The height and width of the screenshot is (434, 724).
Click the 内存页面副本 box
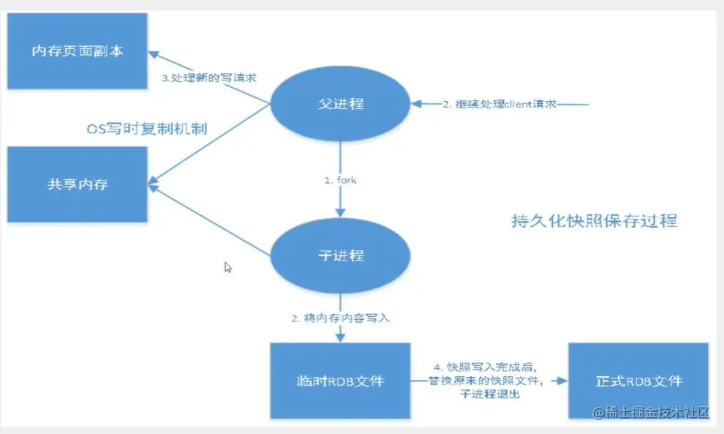[77, 52]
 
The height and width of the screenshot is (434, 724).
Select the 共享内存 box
[77, 184]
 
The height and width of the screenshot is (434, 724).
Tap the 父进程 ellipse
[341, 104]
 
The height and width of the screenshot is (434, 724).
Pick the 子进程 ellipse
[341, 256]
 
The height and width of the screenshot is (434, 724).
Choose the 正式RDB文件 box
[638, 381]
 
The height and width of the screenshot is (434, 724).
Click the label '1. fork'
[341, 179]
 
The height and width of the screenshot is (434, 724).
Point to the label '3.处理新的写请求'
[209, 78]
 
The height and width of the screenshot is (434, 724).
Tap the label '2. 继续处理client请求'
[499, 104]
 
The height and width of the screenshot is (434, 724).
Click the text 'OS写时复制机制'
[146, 130]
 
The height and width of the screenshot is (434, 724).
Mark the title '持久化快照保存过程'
[593, 221]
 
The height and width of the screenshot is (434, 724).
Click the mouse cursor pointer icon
[228, 268]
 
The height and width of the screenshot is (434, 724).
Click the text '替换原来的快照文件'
[486, 381]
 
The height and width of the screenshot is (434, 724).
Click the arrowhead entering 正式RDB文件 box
[562, 381]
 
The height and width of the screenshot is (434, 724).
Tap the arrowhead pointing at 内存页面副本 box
[154, 53]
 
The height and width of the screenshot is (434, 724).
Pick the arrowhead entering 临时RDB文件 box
[341, 337]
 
